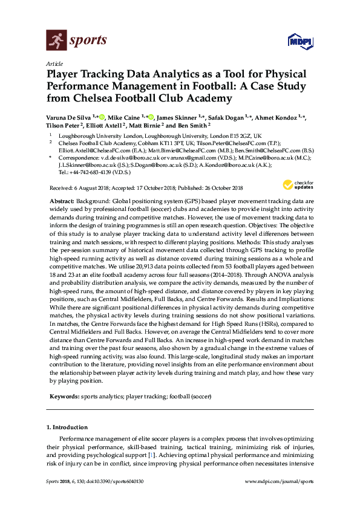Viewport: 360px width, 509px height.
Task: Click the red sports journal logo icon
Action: [x=56, y=41]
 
